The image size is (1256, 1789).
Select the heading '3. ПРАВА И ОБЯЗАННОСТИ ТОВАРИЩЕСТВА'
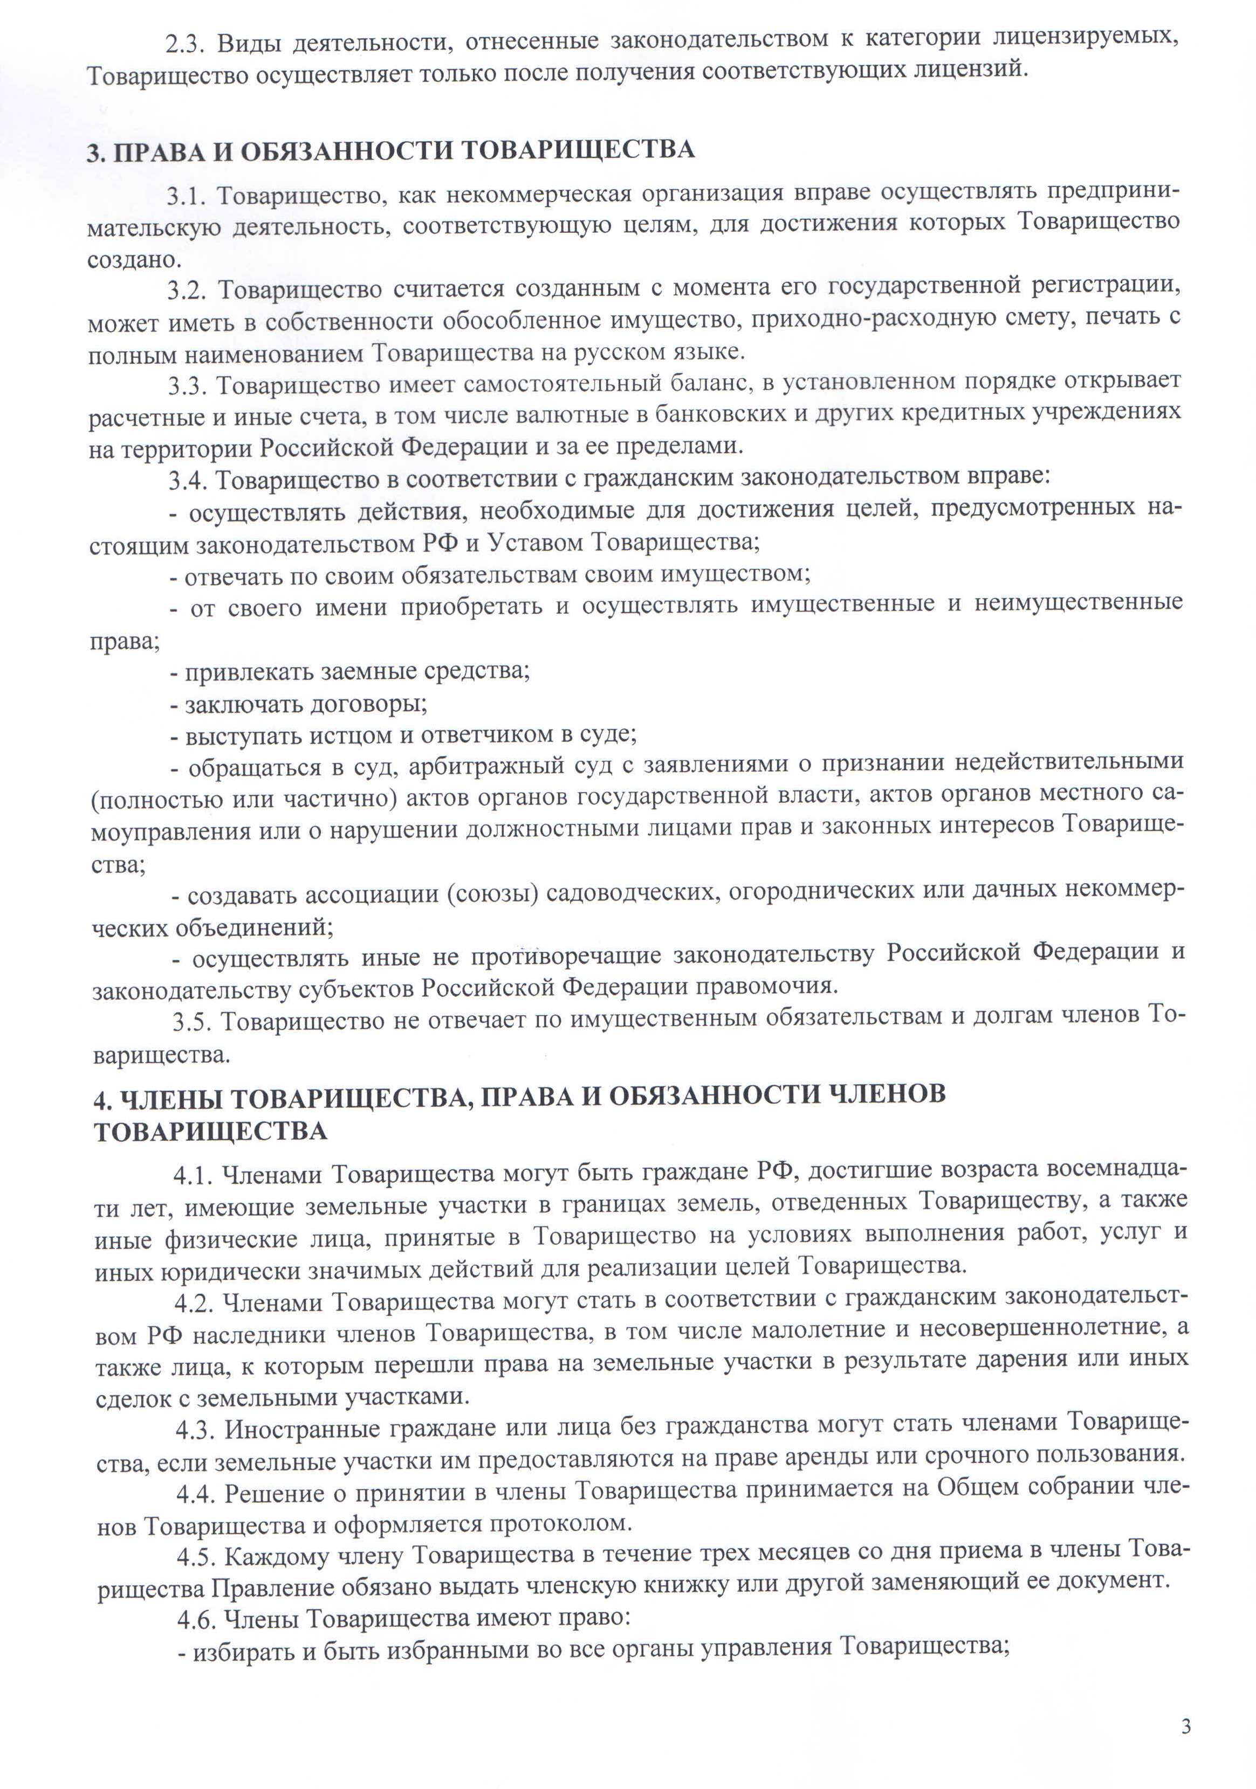coord(390,150)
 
